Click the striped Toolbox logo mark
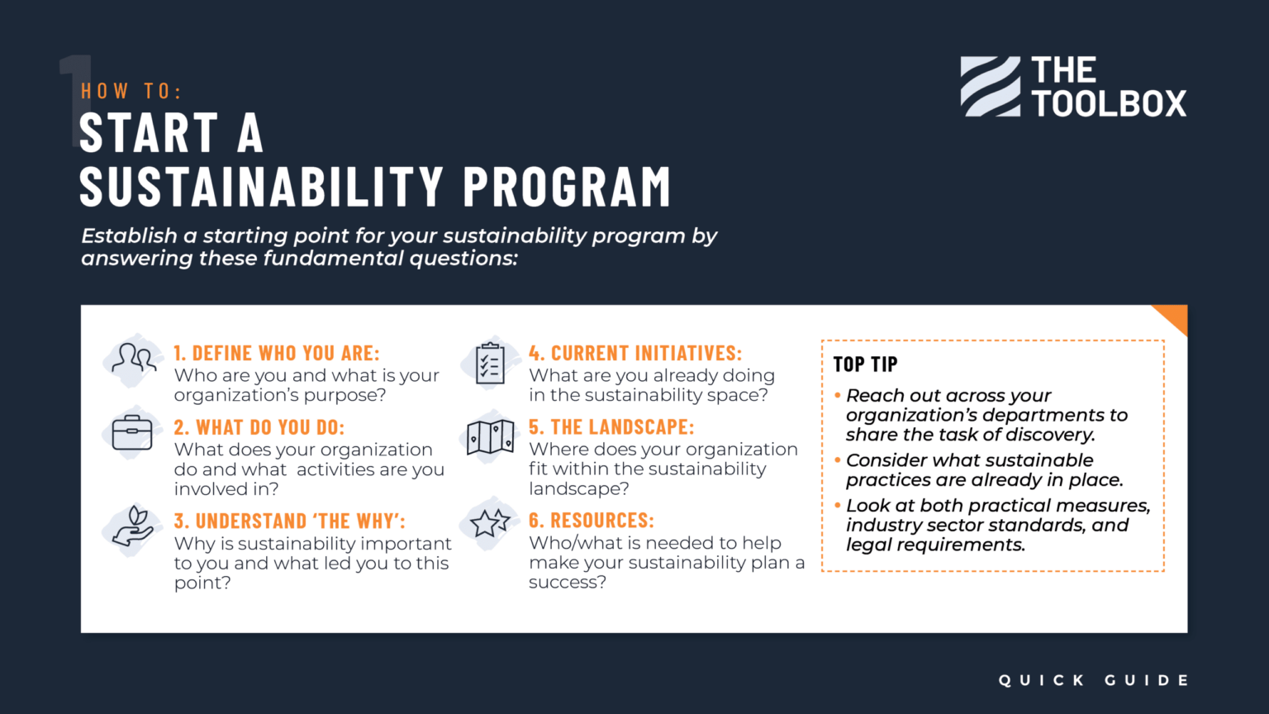click(x=990, y=87)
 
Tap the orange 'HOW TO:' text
click(x=131, y=91)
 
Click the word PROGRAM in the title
click(x=567, y=186)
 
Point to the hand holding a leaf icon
click(x=133, y=527)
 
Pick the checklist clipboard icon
click(x=490, y=364)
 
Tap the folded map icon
click(x=490, y=437)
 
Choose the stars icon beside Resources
click(x=490, y=523)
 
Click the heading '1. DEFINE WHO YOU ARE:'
click(x=276, y=354)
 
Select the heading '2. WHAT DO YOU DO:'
click(x=259, y=427)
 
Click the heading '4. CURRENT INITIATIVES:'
click(x=635, y=354)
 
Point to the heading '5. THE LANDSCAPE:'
click(x=611, y=427)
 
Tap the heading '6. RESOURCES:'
click(x=591, y=521)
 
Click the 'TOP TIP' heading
click(x=865, y=364)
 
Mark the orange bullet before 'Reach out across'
click(x=838, y=396)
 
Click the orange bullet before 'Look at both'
click(x=838, y=506)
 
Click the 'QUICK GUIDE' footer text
click(x=1093, y=680)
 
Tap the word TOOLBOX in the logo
click(x=1109, y=104)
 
